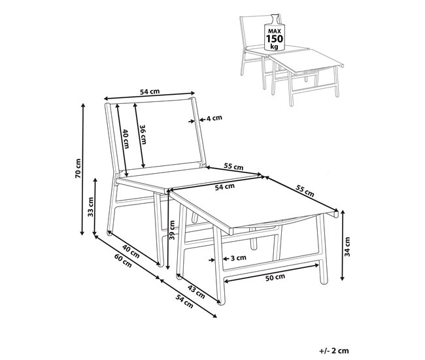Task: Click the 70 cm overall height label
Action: click(78, 169)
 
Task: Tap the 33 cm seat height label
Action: click(90, 206)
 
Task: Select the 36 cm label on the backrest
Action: click(143, 135)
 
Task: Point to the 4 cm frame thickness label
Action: click(214, 118)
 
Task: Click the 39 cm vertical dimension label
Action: click(172, 230)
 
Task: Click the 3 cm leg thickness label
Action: click(239, 258)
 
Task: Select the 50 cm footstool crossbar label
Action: click(275, 277)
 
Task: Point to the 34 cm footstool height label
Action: click(347, 247)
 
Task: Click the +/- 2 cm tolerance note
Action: click(334, 351)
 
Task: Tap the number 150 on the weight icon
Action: click(275, 39)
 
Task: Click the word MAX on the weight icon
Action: click(275, 31)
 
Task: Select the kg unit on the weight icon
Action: click(275, 46)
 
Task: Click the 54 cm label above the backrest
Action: click(150, 91)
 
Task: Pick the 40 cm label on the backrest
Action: click(126, 139)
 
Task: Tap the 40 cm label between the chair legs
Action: click(131, 251)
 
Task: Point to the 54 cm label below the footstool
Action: click(184, 301)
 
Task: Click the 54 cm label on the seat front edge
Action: click(225, 187)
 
